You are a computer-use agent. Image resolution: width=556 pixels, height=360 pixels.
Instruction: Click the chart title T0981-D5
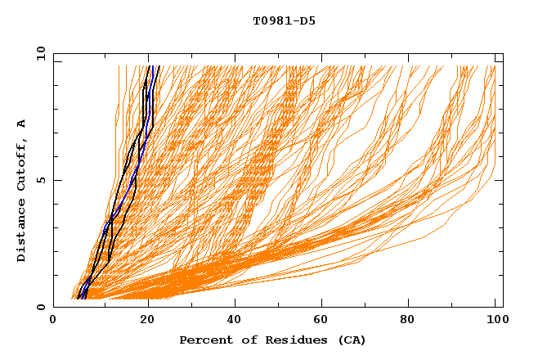[x=284, y=21]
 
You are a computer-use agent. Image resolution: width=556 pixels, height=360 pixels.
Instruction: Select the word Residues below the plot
[x=287, y=340]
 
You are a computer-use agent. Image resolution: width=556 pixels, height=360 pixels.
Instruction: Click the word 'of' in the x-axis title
[x=246, y=340]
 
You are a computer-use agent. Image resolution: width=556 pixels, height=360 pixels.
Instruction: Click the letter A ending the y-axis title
[x=21, y=124]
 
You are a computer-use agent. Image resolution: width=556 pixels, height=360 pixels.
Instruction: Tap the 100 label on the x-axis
[x=495, y=321]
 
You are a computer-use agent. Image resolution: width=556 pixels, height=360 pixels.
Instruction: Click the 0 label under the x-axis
[x=53, y=321]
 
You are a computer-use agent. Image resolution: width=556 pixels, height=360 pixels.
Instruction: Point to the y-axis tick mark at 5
[x=56, y=180]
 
